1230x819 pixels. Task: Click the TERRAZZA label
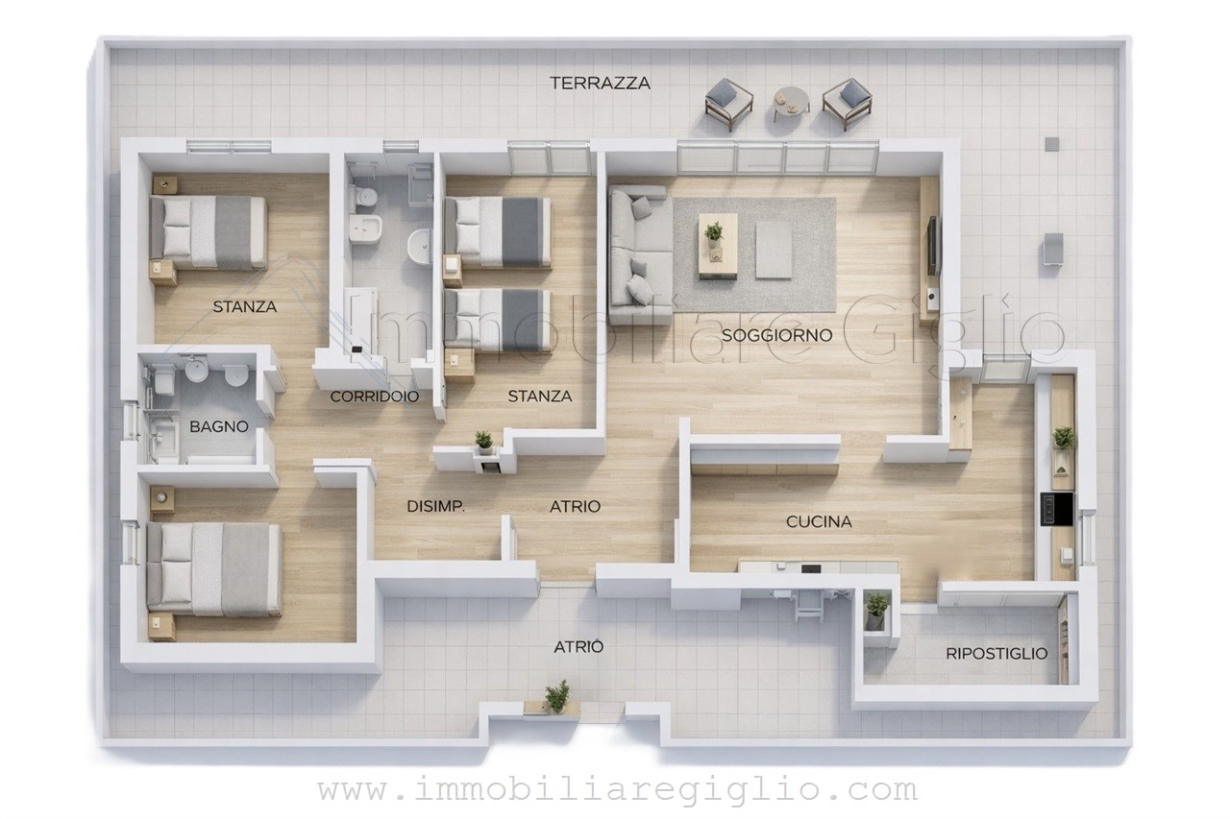[600, 84]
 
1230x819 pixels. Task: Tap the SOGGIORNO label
[776, 335]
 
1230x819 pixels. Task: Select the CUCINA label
[819, 521]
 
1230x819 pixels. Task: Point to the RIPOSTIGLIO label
[996, 653]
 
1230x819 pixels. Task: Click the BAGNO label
[218, 426]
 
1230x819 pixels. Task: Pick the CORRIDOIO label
[374, 397]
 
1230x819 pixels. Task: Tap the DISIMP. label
[435, 506]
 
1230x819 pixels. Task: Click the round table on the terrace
[791, 103]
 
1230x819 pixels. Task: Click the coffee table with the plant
[718, 245]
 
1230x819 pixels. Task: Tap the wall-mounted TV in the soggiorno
[932, 245]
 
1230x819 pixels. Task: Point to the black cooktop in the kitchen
[1057, 510]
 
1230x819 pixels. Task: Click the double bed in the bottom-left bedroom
[214, 568]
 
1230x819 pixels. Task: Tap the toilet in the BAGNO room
[164, 379]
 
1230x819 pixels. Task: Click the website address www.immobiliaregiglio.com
[617, 790]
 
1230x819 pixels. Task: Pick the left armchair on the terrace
[728, 105]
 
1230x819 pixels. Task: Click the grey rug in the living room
[754, 254]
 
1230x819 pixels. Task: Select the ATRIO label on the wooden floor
[575, 506]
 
